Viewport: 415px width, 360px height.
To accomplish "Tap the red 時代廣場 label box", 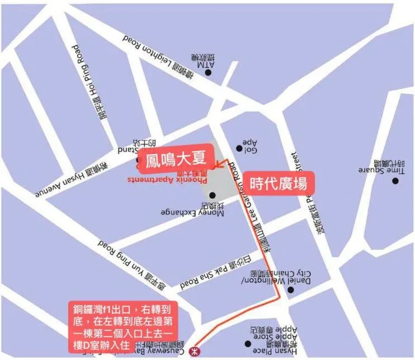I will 278,183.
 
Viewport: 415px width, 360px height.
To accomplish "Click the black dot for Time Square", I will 395,180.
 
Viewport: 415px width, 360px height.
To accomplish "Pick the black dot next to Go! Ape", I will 239,148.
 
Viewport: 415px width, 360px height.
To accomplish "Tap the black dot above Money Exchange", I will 213,195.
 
